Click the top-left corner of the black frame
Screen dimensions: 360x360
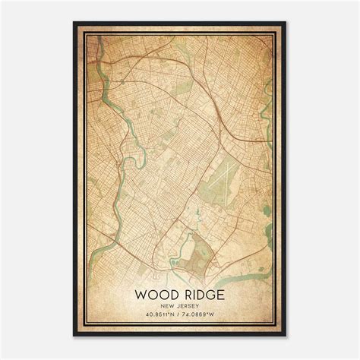pos(74,24)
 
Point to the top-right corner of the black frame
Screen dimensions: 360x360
pos(286,24)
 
